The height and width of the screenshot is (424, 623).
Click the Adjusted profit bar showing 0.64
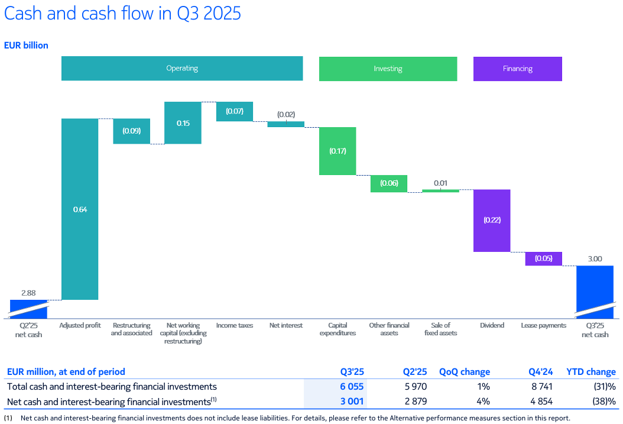pos(80,209)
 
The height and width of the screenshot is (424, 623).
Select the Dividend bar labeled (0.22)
pos(492,220)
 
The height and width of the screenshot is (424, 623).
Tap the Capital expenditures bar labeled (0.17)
pos(338,151)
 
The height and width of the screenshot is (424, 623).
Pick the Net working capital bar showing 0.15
pos(183,123)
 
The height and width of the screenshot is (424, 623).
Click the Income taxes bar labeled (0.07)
pos(235,111)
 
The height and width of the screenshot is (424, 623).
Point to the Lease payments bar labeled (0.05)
pos(543,258)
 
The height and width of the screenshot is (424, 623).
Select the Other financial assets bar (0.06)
pos(389,183)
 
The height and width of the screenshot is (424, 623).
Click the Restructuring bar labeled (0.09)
pos(131,131)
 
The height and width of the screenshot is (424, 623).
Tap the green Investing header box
pos(388,69)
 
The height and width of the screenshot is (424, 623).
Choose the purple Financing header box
pos(517,69)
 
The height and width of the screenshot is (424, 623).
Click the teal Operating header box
pos(182,69)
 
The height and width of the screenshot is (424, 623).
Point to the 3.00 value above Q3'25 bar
pos(595,258)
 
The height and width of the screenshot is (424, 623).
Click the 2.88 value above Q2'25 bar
pos(28,293)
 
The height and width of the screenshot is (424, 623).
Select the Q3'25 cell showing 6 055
pos(352,387)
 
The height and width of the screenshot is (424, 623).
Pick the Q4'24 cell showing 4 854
pos(541,401)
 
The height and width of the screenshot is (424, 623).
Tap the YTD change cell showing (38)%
pos(603,401)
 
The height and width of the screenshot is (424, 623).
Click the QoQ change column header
pos(465,372)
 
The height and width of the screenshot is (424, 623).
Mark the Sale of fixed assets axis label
pos(440,329)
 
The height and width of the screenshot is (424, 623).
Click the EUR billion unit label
pos(26,45)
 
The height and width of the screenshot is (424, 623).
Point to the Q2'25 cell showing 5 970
pos(414,387)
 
